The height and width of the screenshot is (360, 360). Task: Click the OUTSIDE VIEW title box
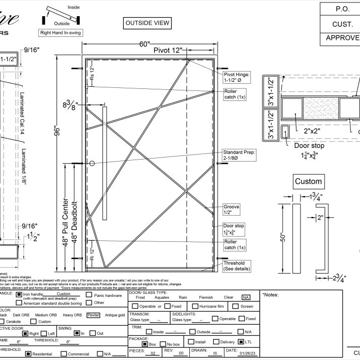pos(147,23)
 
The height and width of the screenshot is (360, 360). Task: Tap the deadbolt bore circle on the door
pos(92,164)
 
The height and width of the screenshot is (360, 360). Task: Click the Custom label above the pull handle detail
pos(308,181)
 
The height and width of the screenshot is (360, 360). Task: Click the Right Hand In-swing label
pos(61,33)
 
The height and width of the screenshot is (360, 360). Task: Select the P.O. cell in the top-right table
pos(339,9)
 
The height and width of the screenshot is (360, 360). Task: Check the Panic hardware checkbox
pos(89,295)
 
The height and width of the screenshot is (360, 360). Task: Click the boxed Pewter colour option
pos(92,315)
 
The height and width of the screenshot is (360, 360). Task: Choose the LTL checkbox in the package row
pos(241,342)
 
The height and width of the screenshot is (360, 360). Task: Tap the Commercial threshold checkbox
pos(64,353)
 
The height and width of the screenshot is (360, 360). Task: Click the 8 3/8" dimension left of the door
pos(69,105)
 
